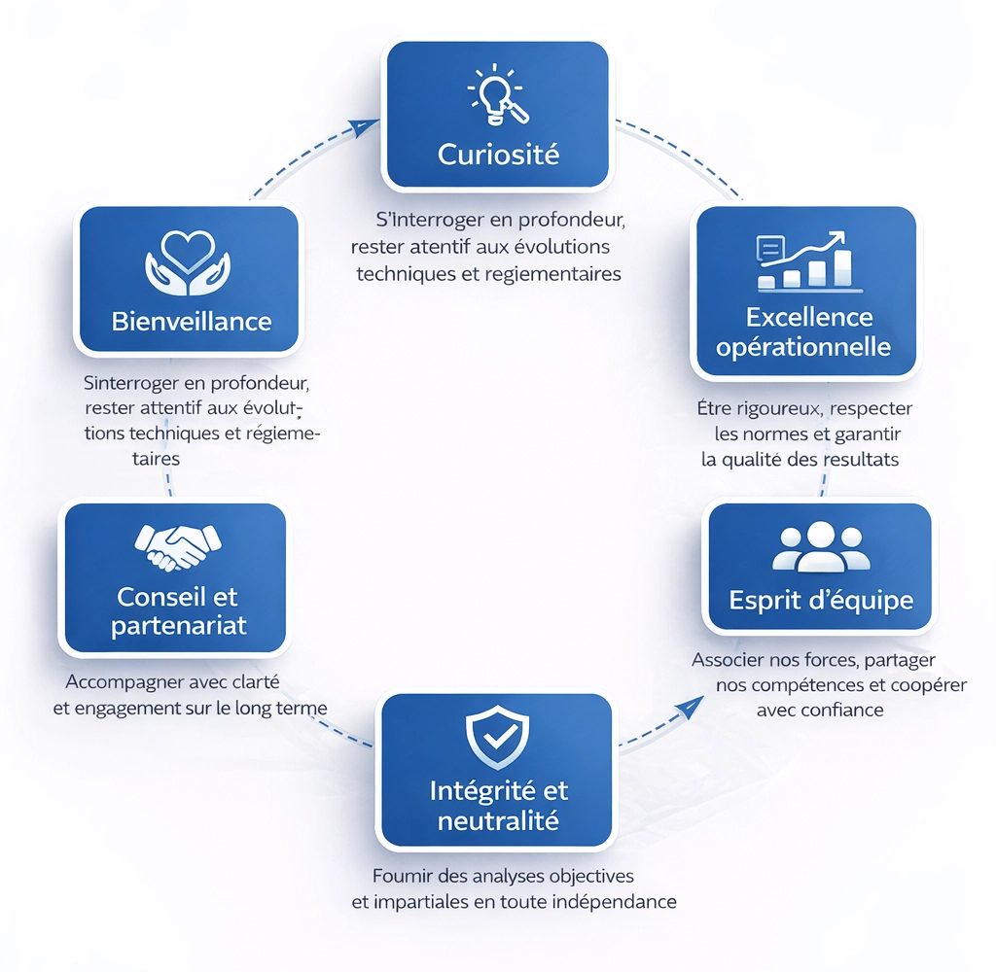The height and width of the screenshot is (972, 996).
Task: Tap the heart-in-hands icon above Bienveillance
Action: pyautogui.click(x=188, y=260)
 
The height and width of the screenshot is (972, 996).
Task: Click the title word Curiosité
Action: pyautogui.click(x=498, y=154)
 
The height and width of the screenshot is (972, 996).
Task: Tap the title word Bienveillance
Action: pyautogui.click(x=192, y=321)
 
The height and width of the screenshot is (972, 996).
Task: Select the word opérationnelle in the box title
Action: pyautogui.click(x=803, y=346)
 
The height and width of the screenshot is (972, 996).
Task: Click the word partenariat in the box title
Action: pyautogui.click(x=179, y=626)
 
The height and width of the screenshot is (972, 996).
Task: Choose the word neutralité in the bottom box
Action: pyautogui.click(x=498, y=820)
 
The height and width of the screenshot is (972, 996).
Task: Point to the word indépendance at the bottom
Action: pyautogui.click(x=613, y=901)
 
